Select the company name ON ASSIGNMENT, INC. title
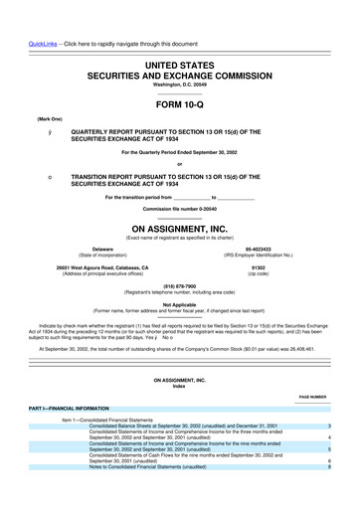[179, 228]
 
